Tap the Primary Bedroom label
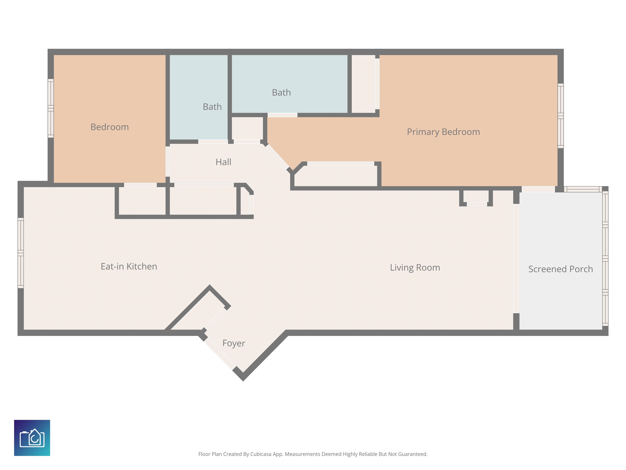click(x=443, y=132)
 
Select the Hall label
click(x=224, y=162)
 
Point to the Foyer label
click(x=234, y=343)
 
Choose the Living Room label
click(x=415, y=268)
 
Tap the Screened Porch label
click(x=561, y=269)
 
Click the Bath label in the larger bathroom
click(x=281, y=93)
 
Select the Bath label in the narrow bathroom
click(x=212, y=107)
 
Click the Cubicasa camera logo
click(x=32, y=438)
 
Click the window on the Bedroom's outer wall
click(x=51, y=109)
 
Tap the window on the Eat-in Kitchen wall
click(x=21, y=253)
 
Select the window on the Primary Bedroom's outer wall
click(x=561, y=116)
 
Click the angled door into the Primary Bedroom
click(x=278, y=157)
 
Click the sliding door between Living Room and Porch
click(x=516, y=259)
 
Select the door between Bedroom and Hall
click(x=168, y=162)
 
